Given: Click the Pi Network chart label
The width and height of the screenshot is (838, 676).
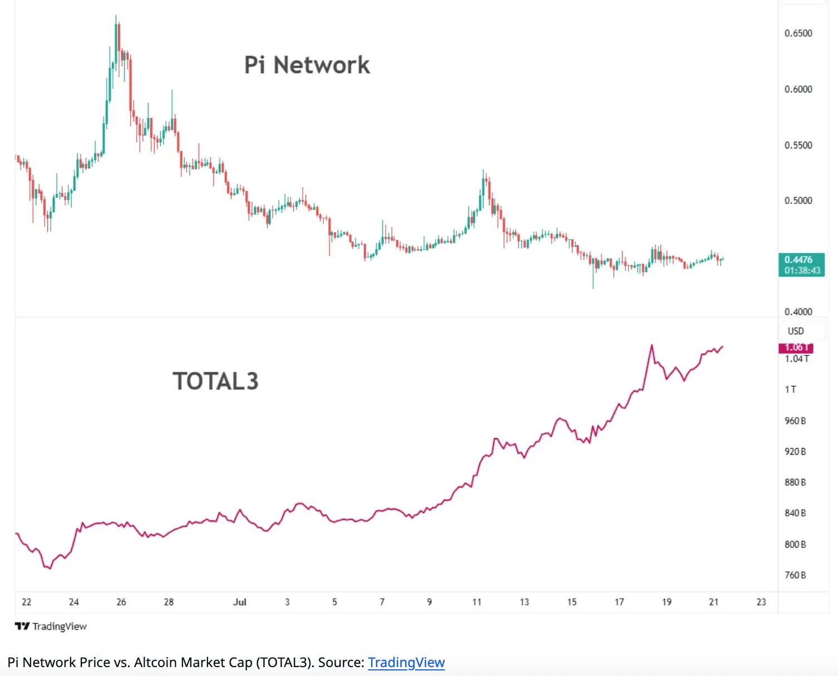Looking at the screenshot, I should (x=307, y=65).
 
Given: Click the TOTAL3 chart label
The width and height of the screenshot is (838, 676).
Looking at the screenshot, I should (x=215, y=381).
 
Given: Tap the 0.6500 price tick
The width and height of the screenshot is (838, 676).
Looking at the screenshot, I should (x=798, y=33).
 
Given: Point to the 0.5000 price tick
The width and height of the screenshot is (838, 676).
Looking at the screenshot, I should (x=798, y=200).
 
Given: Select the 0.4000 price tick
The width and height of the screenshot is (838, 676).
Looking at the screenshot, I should (x=798, y=311).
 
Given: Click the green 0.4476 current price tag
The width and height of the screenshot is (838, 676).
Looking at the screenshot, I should (x=801, y=265).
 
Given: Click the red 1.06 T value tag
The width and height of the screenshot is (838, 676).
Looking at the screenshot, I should (x=796, y=348).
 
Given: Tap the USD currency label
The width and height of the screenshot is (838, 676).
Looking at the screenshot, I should (x=796, y=331).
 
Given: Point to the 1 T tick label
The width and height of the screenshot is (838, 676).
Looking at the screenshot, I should (x=791, y=389).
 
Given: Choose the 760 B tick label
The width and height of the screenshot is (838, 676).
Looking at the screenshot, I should (x=795, y=575).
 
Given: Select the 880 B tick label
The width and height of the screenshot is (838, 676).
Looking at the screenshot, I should (x=795, y=482).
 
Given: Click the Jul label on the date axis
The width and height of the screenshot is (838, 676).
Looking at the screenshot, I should (x=240, y=602).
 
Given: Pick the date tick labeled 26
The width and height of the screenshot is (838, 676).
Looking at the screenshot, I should (x=121, y=602).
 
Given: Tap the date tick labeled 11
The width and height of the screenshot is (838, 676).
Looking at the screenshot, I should (x=477, y=602).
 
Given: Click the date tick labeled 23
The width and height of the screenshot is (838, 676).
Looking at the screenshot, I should (x=761, y=602).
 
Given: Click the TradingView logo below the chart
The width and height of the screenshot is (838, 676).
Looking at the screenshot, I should (x=51, y=627).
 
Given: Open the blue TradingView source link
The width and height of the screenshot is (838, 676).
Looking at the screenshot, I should (x=406, y=663).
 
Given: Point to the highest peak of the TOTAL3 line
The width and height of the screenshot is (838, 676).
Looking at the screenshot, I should (x=652, y=346).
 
